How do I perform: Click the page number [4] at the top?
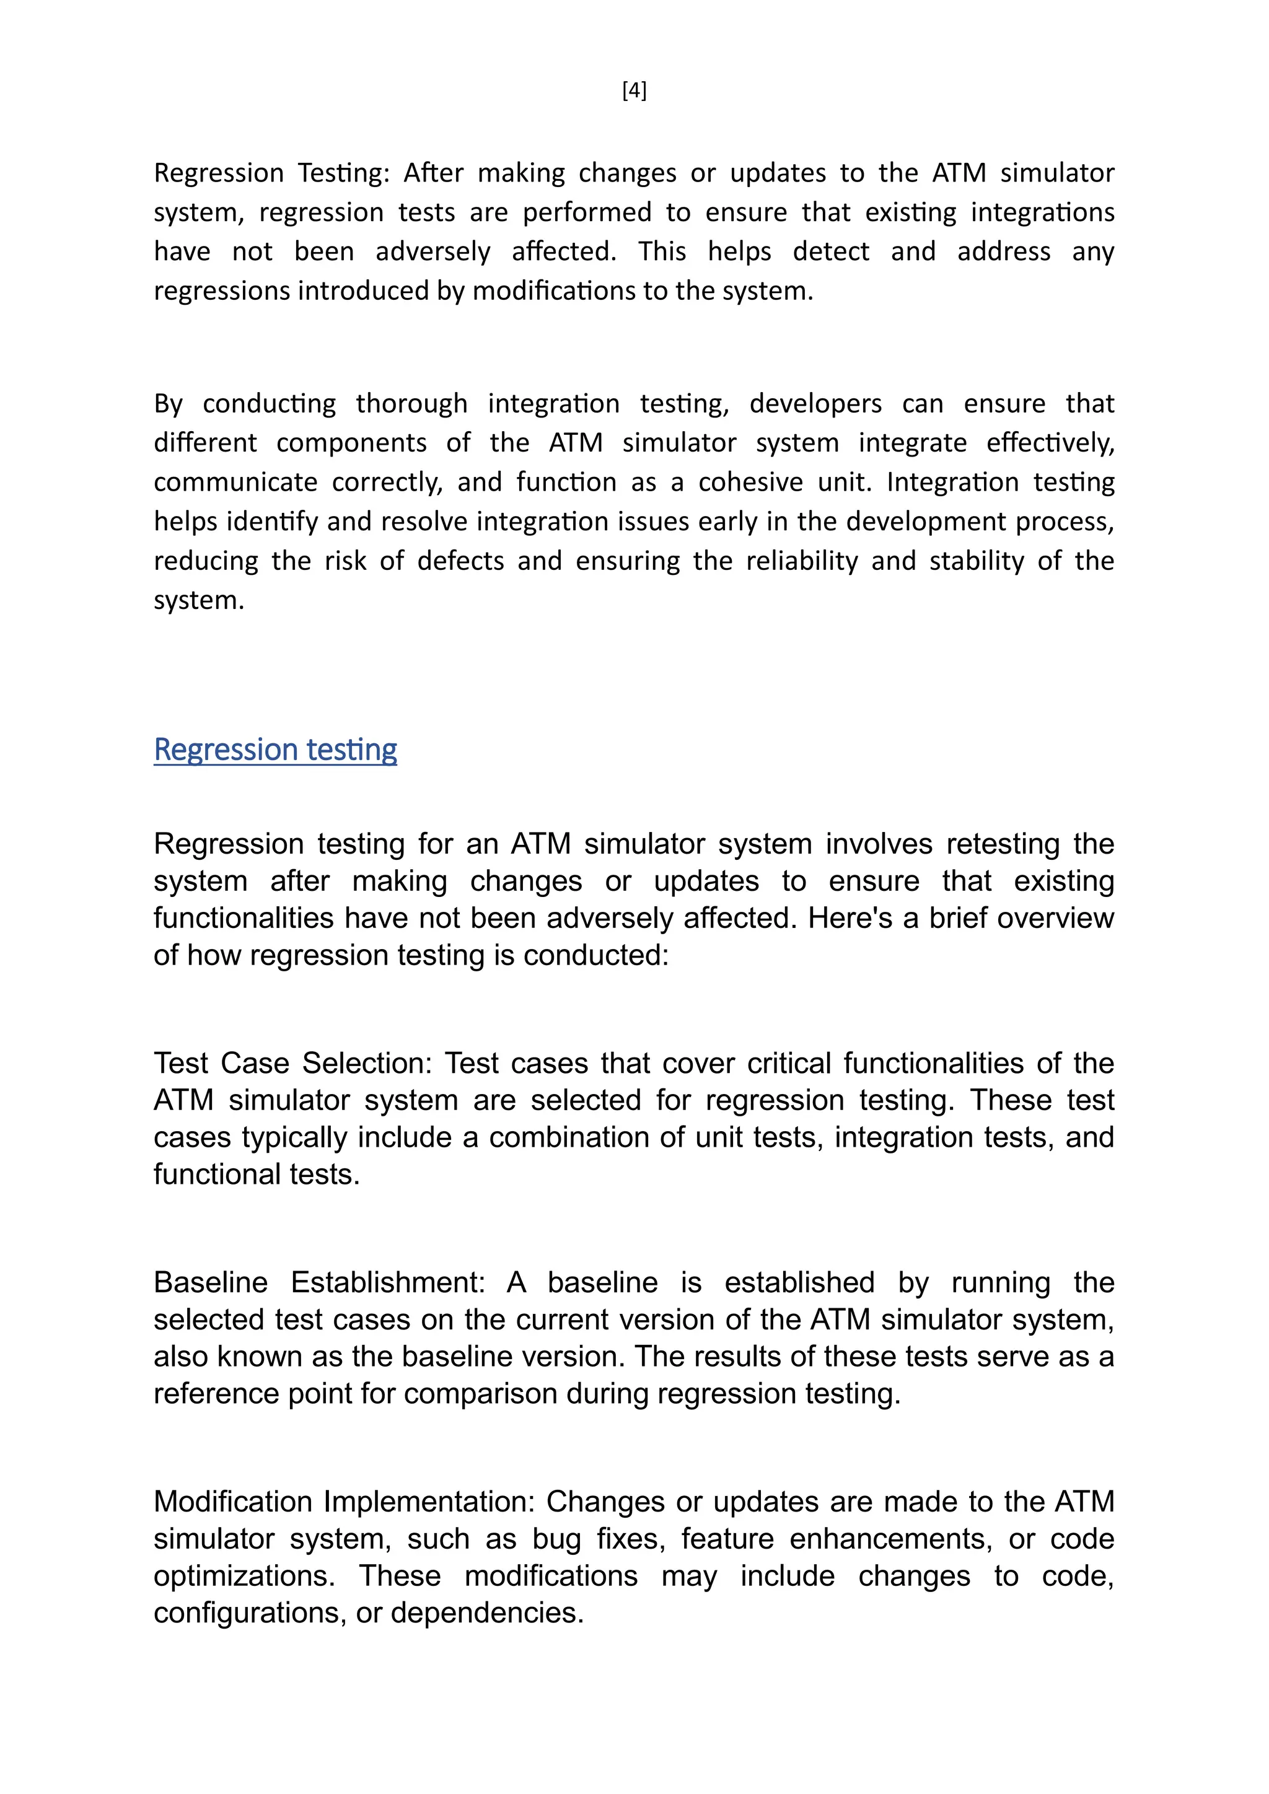point(634,92)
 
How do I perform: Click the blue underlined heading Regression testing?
point(275,750)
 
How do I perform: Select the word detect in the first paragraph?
point(831,252)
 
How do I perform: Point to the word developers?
point(815,404)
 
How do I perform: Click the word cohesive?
point(750,482)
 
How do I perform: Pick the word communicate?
point(235,482)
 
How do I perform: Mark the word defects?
point(460,561)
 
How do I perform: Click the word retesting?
point(1003,844)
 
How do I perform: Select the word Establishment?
point(389,1283)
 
